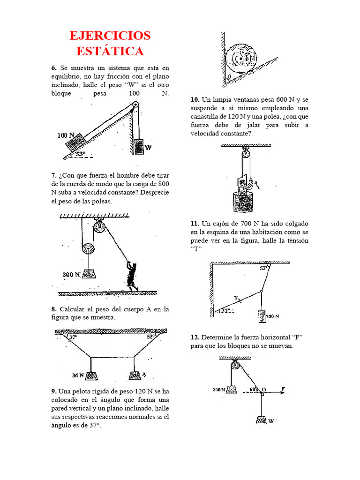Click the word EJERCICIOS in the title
coord(110,36)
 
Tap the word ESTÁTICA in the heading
coord(110,51)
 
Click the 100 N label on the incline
coord(66,135)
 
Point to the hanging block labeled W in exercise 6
coord(139,147)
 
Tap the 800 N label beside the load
coord(71,274)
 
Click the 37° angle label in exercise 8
coord(73,337)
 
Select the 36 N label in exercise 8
coord(78,375)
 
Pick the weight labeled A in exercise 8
coord(135,375)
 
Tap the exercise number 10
coord(195,100)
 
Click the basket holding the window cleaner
coord(242,203)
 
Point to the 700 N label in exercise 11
coord(273,316)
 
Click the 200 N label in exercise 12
coord(218,390)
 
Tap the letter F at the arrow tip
coord(283,389)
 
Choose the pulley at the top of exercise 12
coord(236,365)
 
